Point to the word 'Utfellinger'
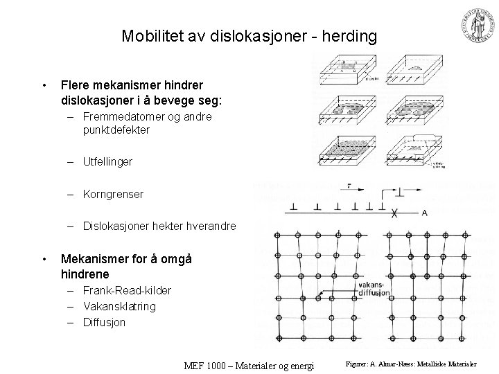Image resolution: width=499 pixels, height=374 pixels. [x=107, y=162]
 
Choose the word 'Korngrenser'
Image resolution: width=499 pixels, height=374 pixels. [x=113, y=195]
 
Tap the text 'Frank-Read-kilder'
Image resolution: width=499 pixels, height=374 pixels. [x=126, y=290]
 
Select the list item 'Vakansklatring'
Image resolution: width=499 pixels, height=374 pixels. [x=119, y=306]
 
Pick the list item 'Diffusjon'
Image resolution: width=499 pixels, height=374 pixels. [x=104, y=322]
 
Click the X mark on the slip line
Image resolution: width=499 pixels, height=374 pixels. [x=395, y=213]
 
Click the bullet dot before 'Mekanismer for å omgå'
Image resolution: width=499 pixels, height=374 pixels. [x=44, y=259]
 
